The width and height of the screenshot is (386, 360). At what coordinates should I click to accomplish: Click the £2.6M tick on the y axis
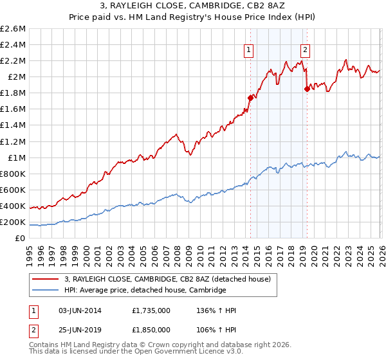(13, 29)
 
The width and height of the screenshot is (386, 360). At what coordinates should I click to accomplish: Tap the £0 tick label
(21, 238)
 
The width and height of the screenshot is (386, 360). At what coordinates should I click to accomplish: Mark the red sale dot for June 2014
(250, 98)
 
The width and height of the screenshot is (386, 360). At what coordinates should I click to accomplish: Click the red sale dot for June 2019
(307, 89)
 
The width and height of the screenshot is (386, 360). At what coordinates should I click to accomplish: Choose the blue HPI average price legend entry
(145, 290)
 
